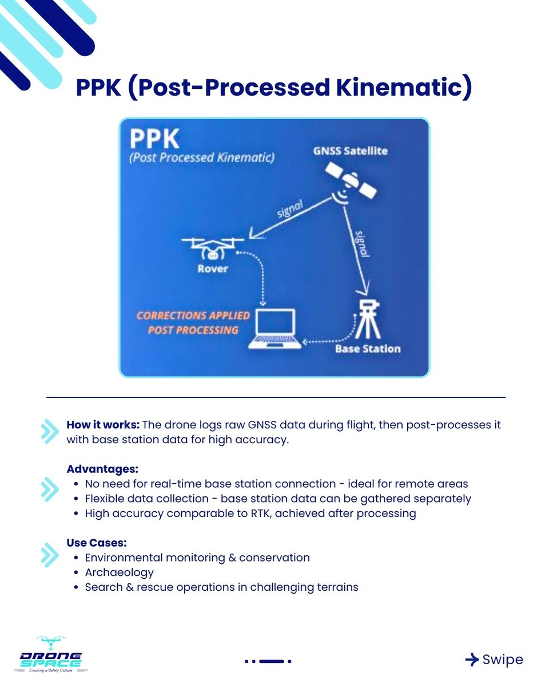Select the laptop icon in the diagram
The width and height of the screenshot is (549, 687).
pos(275,329)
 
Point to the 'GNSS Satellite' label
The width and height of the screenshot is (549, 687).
pos(350,151)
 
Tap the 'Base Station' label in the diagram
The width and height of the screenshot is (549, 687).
pos(368,349)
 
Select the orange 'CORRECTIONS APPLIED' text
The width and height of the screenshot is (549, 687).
pos(193,315)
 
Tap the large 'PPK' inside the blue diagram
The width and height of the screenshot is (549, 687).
pos(154,140)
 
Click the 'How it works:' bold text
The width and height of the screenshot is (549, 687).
pos(102,425)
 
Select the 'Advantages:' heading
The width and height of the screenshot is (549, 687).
pos(102,469)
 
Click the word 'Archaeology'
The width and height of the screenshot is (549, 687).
pos(119,572)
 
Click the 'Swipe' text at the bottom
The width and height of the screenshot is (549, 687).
pos(502,660)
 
